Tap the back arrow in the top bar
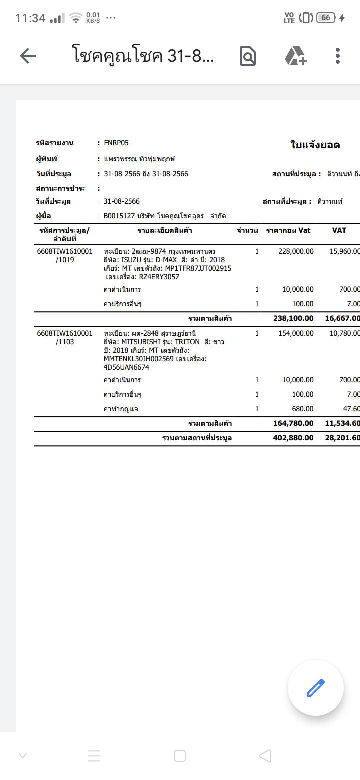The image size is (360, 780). coord(28,56)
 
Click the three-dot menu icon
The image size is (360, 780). coord(338,56)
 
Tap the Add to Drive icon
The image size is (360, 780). coord(295,56)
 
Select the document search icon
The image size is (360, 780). coord(248,56)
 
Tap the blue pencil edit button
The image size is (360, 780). coord(315,688)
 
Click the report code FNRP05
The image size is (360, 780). coord(116,143)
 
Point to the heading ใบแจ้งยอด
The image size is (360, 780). coord(315,145)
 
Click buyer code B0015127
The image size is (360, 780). coord(118,216)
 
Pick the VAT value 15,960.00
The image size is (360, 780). coord(344,251)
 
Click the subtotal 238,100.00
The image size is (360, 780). coord(293,318)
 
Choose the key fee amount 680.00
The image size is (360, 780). coord(303,409)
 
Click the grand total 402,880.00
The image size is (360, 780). coord(293,438)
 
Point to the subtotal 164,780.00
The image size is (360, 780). coord(293,423)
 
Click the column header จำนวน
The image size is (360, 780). coord(247,230)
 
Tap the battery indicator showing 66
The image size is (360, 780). coord(325,18)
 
